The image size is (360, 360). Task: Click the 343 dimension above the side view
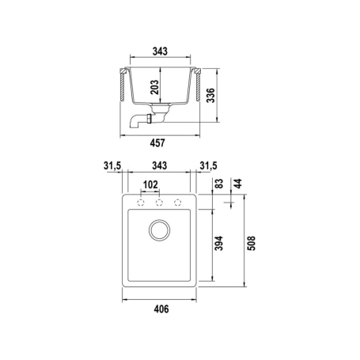click(x=161, y=51)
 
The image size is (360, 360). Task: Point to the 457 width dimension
click(x=161, y=143)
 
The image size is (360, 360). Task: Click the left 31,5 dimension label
click(x=112, y=165)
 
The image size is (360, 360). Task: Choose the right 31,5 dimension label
click(x=208, y=165)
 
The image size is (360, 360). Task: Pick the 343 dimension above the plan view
click(x=160, y=165)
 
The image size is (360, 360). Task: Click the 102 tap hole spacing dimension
click(x=150, y=185)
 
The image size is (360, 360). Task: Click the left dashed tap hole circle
click(x=141, y=202)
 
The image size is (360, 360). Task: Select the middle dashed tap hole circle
click(x=160, y=202)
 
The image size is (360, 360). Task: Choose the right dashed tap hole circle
click(x=178, y=202)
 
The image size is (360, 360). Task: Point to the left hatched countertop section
click(x=121, y=86)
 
